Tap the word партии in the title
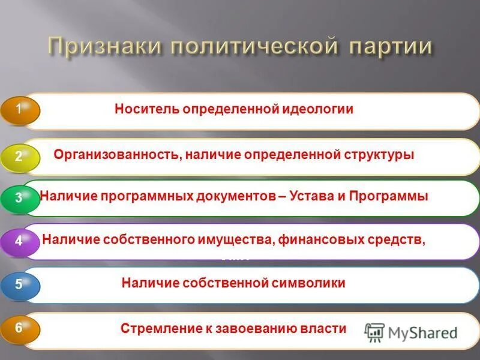coord(384,47)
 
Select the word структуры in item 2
coord(379,155)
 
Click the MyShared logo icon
coord(375,331)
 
